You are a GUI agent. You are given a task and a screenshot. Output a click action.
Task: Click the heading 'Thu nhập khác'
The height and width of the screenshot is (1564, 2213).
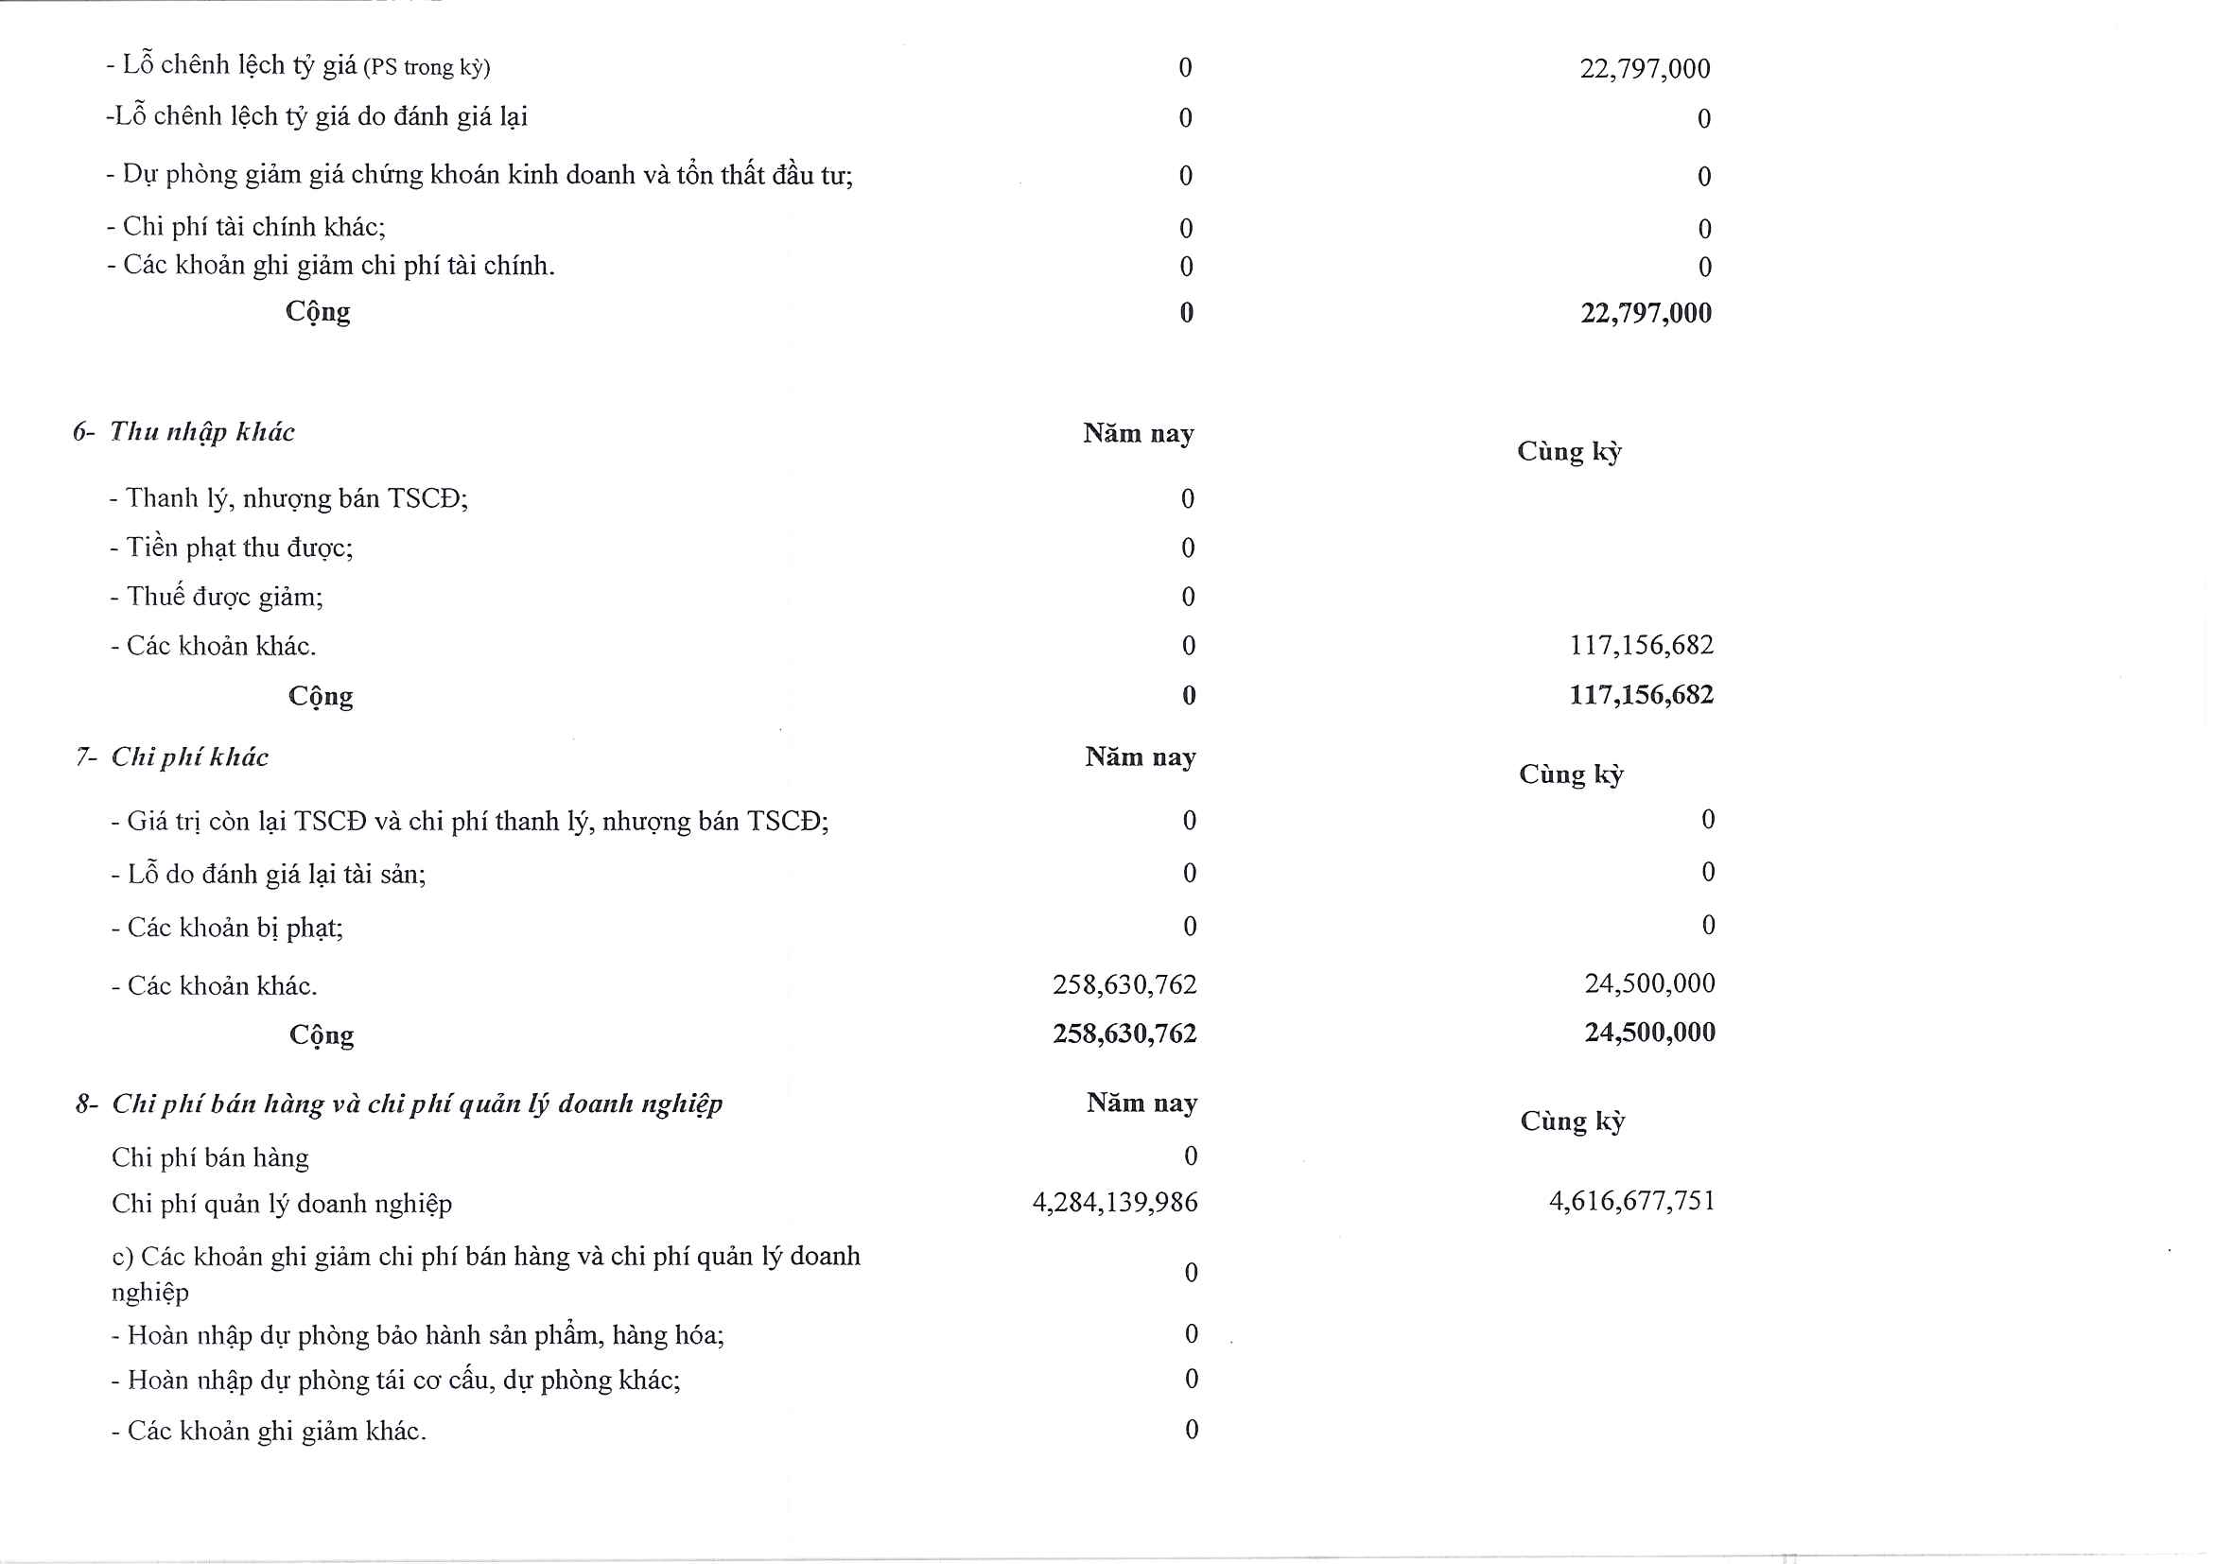tap(201, 432)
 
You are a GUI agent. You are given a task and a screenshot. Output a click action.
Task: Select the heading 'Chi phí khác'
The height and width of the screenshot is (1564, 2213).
tap(189, 757)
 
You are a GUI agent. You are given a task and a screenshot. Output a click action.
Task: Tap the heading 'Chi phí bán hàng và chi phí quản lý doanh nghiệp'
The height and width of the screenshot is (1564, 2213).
tap(416, 1103)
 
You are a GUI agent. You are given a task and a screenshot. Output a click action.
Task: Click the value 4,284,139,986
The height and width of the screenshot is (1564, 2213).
tap(1114, 1203)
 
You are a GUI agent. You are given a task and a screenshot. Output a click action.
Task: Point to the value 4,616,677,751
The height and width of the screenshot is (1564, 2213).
tap(1631, 1201)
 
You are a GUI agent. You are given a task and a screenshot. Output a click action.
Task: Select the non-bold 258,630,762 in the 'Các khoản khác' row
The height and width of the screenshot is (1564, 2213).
tap(1124, 985)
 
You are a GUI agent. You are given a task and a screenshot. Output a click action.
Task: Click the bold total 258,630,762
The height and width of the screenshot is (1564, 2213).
tap(1124, 1034)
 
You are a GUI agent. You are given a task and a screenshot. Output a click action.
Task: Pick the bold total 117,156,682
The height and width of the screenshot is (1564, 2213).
tap(1641, 695)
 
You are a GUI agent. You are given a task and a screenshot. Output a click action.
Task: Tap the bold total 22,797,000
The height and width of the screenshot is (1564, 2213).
tap(1646, 313)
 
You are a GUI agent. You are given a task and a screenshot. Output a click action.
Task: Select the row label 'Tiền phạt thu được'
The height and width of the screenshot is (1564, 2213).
tap(239, 548)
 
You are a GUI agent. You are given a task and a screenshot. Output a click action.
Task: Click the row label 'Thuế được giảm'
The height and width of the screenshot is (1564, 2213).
tap(224, 598)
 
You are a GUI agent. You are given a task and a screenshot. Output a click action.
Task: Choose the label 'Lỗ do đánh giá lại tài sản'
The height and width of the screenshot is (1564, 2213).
tap(275, 875)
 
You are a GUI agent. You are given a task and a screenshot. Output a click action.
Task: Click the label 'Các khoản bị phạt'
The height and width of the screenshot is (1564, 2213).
tap(235, 928)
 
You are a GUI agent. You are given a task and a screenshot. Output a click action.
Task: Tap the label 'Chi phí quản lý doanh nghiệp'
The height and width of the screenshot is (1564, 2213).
tap(282, 1204)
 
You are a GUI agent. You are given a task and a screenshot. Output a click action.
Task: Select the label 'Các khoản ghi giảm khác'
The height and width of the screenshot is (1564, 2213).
tap(275, 1431)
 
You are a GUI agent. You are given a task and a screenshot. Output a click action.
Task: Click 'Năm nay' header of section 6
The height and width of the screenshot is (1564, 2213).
tap(1138, 434)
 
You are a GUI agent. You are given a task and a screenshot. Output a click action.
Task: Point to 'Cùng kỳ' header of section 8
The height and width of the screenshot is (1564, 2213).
tap(1572, 1121)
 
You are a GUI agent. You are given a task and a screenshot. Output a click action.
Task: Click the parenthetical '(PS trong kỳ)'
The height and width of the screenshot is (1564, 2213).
tap(427, 67)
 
